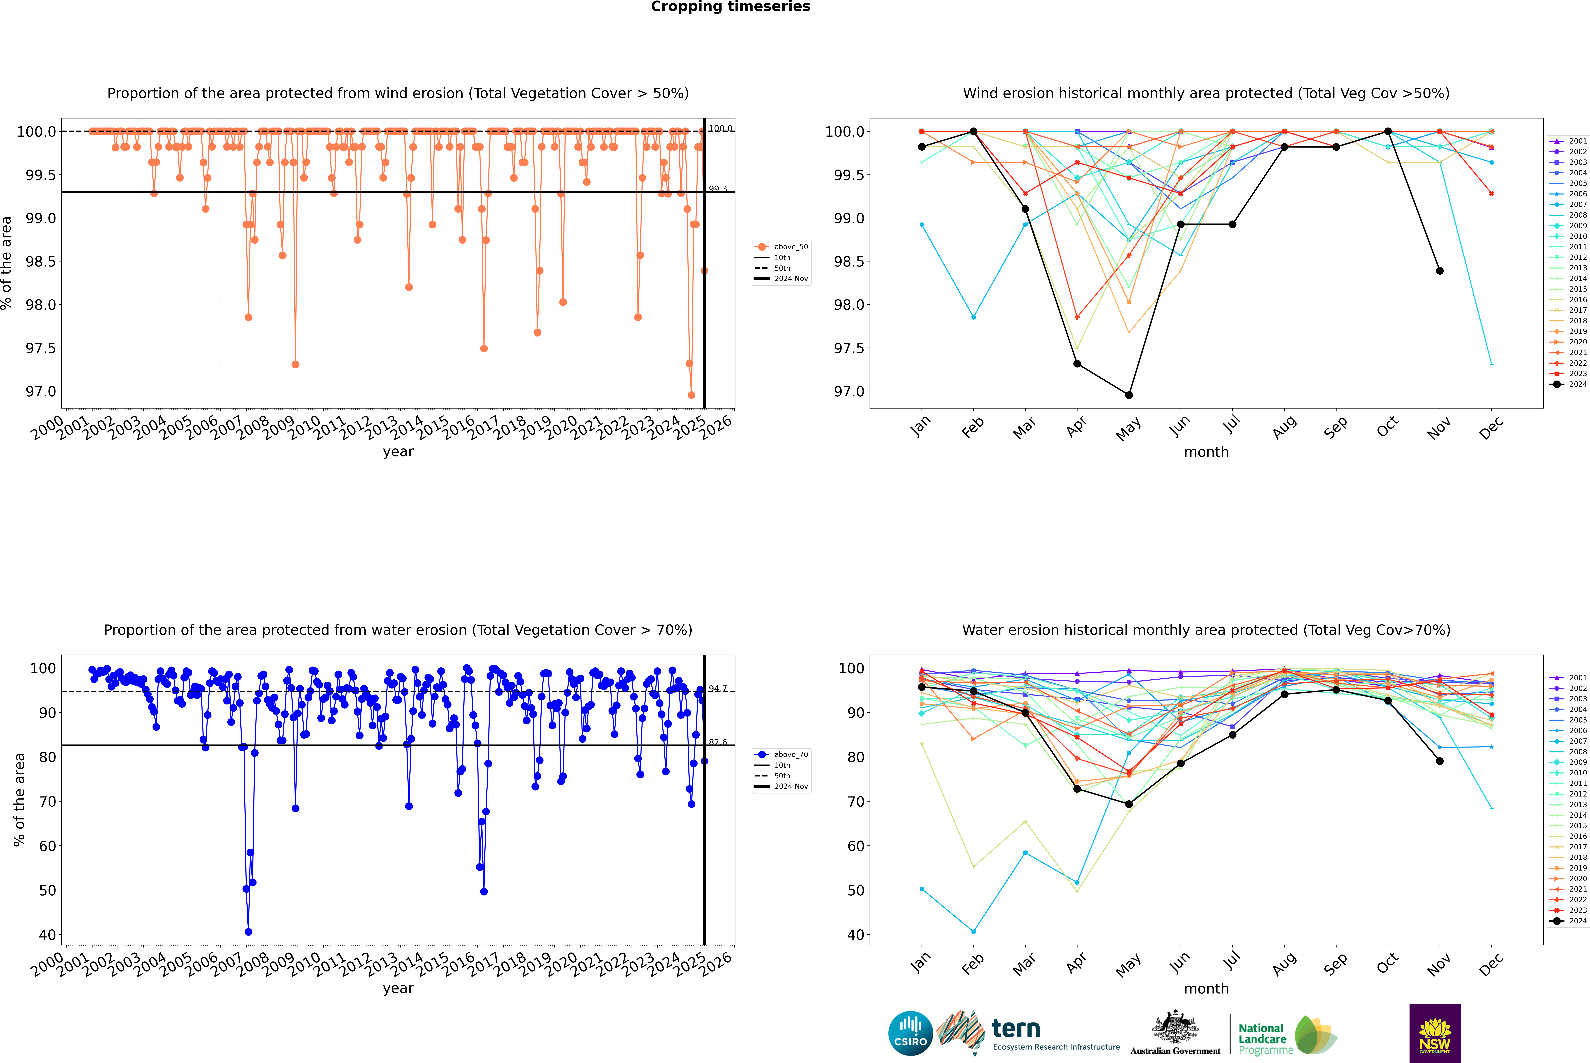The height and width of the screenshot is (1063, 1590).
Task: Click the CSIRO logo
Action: [910, 1033]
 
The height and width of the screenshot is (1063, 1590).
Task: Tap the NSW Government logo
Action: [1435, 1033]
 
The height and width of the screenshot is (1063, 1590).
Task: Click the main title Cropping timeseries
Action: [730, 7]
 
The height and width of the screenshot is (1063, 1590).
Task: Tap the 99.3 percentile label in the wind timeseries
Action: [718, 189]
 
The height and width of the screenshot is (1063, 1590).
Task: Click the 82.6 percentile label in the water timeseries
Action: [718, 742]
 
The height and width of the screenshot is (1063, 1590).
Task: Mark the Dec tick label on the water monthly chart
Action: [1491, 964]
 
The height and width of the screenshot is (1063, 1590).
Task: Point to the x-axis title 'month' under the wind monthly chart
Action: [1206, 452]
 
